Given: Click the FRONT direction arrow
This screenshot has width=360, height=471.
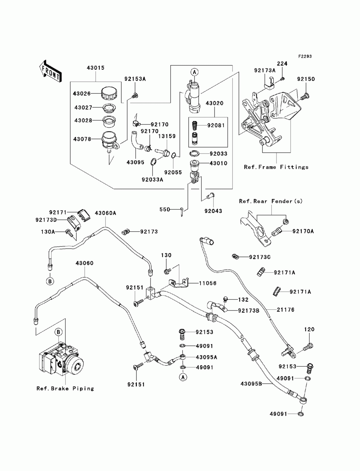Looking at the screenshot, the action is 50,72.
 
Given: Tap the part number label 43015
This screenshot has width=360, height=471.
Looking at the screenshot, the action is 95,68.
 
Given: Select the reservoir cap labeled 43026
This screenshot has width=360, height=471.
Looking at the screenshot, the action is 109,94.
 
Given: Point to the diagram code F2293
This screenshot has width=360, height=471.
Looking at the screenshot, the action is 305,56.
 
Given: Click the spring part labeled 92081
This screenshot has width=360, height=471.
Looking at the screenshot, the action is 194,125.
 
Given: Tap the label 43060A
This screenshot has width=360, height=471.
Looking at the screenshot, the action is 105,213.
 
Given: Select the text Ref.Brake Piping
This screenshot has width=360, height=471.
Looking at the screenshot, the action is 65,388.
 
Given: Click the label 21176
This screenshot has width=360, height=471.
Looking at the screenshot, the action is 285,310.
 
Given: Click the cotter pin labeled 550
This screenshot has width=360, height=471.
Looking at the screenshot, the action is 181,212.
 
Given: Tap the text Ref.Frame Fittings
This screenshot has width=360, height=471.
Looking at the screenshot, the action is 276,167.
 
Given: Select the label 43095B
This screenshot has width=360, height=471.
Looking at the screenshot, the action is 251,384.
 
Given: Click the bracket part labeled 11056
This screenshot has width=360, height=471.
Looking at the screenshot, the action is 179,283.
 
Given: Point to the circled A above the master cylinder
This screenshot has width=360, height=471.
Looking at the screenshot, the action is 194,72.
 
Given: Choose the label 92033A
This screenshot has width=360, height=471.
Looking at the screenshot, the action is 152,180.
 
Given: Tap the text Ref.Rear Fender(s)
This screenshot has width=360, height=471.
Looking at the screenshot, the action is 271,201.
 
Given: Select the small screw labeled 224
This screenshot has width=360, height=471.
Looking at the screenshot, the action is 283,79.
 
